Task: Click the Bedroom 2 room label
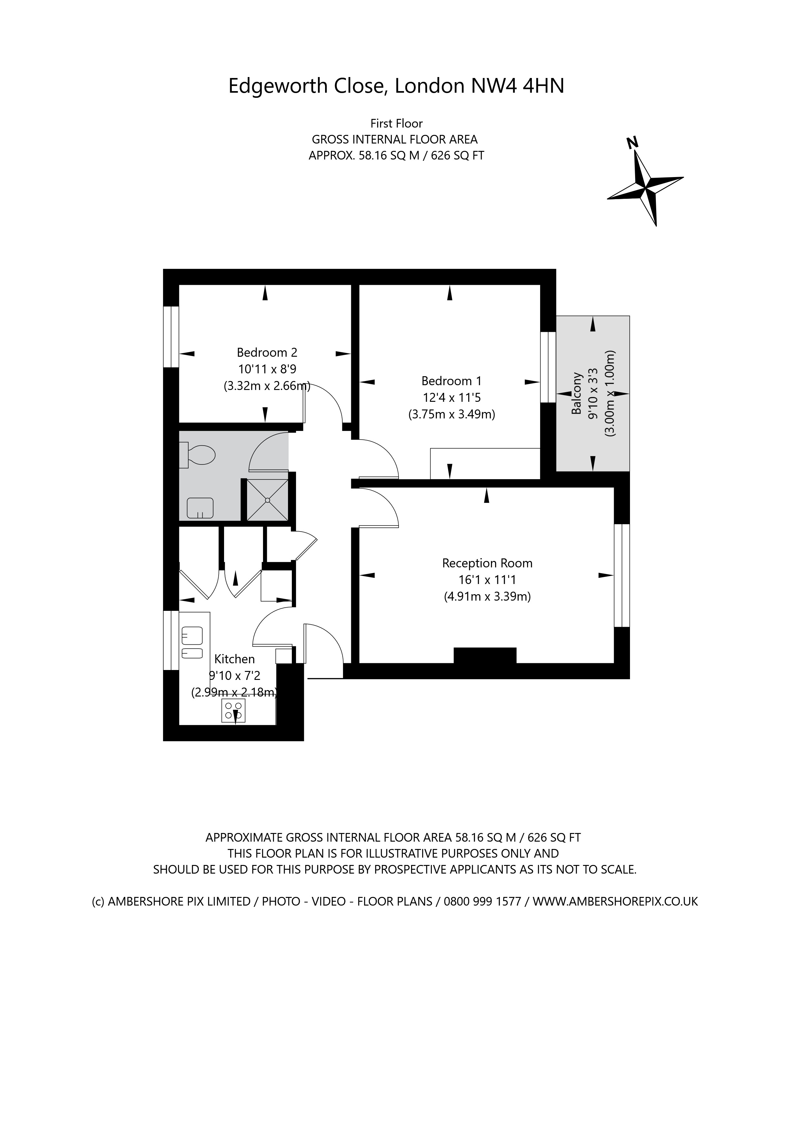[267, 353]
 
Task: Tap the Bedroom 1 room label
[451, 381]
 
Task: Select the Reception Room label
[487, 564]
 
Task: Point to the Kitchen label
[234, 659]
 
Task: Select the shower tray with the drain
[267, 500]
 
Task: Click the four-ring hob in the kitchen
[233, 711]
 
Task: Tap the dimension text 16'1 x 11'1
[486, 580]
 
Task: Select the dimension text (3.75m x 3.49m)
[451, 415]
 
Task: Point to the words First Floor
[396, 123]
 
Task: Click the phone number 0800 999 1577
[482, 901]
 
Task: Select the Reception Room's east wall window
[622, 575]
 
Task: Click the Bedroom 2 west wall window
[171, 337]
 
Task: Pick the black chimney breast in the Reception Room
[485, 655]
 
